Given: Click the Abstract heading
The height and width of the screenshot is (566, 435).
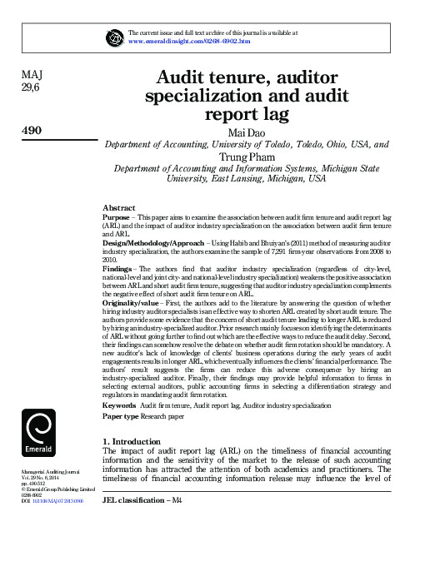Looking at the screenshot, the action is (x=118, y=206).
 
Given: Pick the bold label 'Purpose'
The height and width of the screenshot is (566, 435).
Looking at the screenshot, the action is (x=117, y=216).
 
